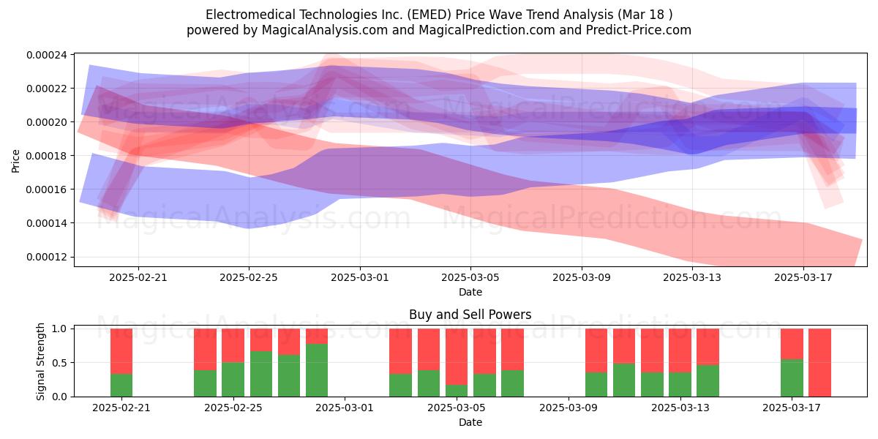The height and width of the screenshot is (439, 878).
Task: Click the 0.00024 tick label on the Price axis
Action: click(x=46, y=55)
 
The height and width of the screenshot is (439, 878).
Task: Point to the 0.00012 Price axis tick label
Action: click(x=46, y=257)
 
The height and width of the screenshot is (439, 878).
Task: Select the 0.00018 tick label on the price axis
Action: click(x=46, y=156)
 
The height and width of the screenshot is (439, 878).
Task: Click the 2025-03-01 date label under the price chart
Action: click(x=360, y=277)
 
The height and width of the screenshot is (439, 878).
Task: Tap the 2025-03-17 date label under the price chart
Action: click(x=803, y=277)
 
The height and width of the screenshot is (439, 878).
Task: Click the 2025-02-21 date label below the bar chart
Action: click(x=121, y=408)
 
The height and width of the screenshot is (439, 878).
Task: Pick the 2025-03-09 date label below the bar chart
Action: click(x=569, y=408)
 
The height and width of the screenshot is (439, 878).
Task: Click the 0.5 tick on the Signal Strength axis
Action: click(x=59, y=363)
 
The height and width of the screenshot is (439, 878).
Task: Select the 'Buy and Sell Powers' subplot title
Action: click(x=470, y=315)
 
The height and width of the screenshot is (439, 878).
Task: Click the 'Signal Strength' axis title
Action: click(x=40, y=361)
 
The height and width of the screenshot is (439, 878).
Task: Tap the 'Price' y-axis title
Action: click(x=15, y=161)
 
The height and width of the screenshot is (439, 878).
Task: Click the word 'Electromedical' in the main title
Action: click(x=251, y=15)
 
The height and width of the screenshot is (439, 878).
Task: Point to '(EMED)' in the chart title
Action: click(x=429, y=15)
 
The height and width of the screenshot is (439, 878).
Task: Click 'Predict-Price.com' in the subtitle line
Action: click(x=639, y=30)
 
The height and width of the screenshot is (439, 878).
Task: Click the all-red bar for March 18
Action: click(x=819, y=363)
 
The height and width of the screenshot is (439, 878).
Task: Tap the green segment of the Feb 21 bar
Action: click(x=121, y=386)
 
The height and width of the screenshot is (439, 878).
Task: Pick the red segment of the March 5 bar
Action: click(x=457, y=357)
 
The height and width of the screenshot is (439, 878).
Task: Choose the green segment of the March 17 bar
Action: click(x=792, y=378)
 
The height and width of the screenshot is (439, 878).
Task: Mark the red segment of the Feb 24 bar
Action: click(x=206, y=349)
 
